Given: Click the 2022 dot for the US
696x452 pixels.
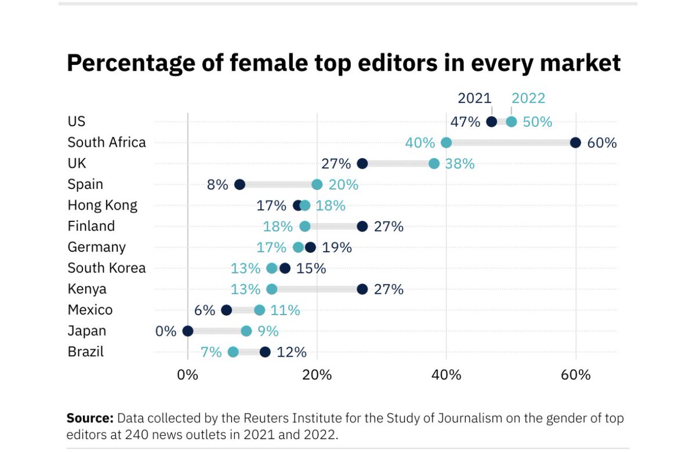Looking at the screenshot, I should pos(511,122).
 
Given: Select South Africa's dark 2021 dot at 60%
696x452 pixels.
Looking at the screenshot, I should pos(575,143).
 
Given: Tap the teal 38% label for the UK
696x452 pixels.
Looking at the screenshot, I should pos(460,164).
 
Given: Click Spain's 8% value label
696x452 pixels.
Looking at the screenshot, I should pos(217,185).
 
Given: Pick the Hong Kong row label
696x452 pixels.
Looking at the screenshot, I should pos(103,205).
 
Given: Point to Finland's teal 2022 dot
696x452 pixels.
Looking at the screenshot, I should pos(305,227).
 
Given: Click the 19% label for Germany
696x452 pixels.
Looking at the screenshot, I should pos(337,247).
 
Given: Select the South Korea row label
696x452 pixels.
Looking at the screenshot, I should pos(107,268).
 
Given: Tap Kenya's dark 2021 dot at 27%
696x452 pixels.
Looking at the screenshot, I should pos(362,289).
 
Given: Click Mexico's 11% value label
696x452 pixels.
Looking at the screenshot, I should pos(285,310).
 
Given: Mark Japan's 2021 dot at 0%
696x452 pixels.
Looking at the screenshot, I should pos(187,331).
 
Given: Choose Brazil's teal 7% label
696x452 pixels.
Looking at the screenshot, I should pos(211,352).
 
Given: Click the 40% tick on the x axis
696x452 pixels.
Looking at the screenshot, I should pos(446,375).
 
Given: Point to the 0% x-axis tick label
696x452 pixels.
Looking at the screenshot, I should pos(187,375).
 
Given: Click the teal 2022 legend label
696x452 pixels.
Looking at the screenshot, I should pos(528,99).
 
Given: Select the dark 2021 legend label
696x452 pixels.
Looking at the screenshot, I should pos(474,99).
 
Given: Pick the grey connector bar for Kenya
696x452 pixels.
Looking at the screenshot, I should pos(317,289).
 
